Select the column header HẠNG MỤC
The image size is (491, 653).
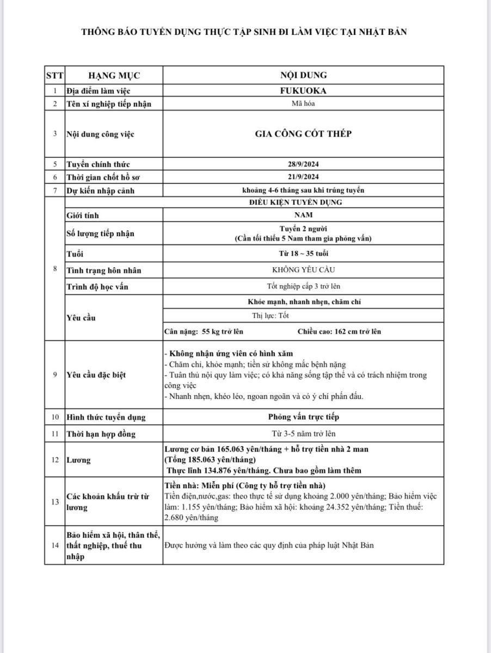coord(114,76)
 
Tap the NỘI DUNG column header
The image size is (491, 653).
coord(303,76)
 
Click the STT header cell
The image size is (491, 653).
coord(54,76)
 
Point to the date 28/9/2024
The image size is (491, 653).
coord(303,164)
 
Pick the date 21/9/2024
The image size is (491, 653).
coord(303,177)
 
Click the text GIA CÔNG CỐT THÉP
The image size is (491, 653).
coord(303,134)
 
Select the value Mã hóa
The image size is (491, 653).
coord(303,104)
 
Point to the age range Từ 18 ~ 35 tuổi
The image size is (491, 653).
coord(303,254)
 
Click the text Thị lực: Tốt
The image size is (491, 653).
coord(271,315)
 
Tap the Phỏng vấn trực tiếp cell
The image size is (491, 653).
coord(303,417)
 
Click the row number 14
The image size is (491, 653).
coord(54,545)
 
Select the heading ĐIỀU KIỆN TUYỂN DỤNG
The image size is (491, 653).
coord(303,202)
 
